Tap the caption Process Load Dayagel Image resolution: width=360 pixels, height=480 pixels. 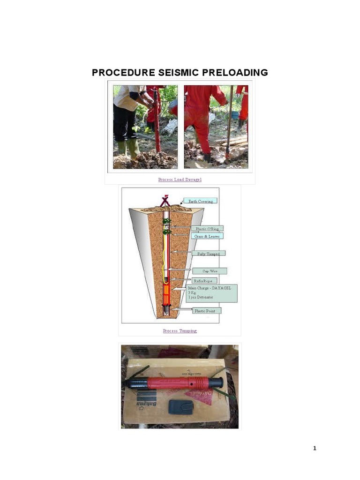click(x=180, y=180)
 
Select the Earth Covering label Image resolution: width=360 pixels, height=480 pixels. click(x=200, y=201)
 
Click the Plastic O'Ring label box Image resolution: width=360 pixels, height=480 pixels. click(x=207, y=228)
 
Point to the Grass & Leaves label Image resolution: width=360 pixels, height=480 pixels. click(x=206, y=236)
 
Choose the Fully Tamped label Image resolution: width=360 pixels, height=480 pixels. click(x=209, y=253)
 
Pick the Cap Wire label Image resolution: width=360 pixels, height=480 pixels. click(x=210, y=271)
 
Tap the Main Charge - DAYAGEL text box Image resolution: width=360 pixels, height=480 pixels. click(x=212, y=292)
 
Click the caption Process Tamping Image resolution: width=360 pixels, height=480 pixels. click(x=180, y=331)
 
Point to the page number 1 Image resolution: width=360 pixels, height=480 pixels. click(x=315, y=449)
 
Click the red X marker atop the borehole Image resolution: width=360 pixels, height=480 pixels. click(x=165, y=201)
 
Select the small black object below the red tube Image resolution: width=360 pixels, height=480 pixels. click(x=180, y=406)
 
